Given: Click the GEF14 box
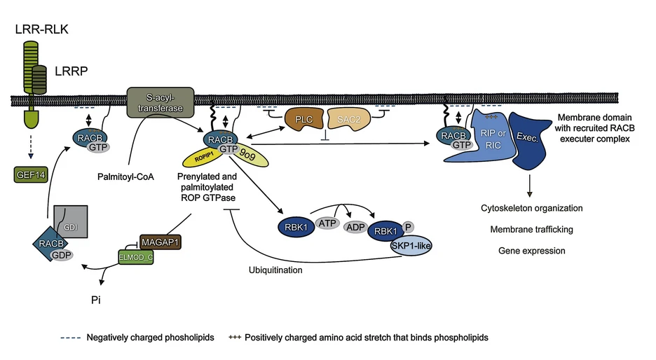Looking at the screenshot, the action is (x=31, y=175).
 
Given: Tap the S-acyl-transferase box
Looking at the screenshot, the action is (x=160, y=102).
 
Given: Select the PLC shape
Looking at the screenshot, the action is (x=304, y=119).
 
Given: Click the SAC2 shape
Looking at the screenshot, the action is (x=349, y=119).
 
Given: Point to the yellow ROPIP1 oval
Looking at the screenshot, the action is (x=203, y=158).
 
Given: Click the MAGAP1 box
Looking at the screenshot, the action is (x=160, y=242).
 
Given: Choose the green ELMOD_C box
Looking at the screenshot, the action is (x=136, y=257).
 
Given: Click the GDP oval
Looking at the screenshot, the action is (x=62, y=255).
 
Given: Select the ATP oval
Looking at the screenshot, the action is (x=327, y=223).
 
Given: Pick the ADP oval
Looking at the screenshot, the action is (x=355, y=227).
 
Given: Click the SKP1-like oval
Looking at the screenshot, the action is (x=411, y=245).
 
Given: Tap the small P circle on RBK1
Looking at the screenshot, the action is (x=408, y=227).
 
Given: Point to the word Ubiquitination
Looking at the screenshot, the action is (x=275, y=270).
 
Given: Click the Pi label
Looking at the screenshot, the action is (x=96, y=300).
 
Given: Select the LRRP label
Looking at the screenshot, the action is (x=71, y=71).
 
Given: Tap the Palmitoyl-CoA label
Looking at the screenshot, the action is (x=125, y=177).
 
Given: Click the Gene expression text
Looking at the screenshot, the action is (x=532, y=251).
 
